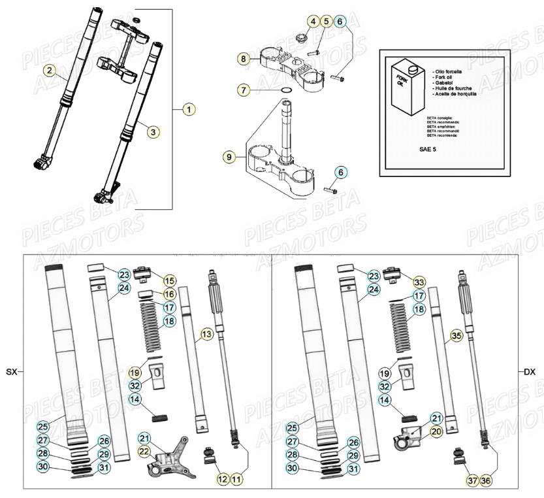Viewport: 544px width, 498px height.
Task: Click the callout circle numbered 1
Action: coord(189,109)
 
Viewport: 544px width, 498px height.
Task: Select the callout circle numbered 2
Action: coord(48,69)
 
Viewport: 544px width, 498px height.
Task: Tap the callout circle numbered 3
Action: coord(152,132)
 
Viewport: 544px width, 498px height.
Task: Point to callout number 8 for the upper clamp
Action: coord(244,59)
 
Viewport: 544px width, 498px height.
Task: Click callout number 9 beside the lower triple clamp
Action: coord(229,157)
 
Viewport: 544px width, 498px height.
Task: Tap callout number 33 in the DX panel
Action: coord(419,282)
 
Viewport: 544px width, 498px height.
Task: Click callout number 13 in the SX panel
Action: coord(206,335)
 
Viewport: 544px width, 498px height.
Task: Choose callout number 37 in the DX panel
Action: coord(472,480)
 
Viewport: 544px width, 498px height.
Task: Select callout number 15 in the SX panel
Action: coord(169,281)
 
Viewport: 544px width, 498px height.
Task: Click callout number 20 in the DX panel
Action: coord(436,431)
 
